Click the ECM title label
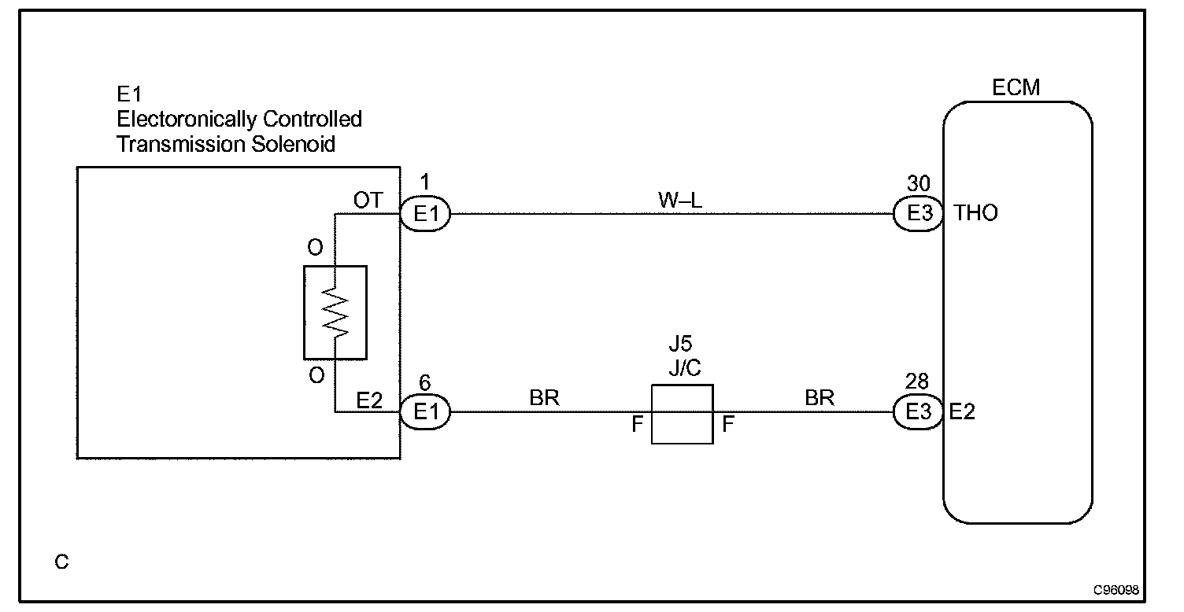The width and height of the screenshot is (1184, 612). tap(1016, 87)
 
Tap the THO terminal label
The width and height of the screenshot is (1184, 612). tap(975, 213)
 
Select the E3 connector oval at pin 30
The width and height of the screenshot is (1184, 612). tap(918, 213)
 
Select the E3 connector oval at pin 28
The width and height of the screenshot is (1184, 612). tap(918, 412)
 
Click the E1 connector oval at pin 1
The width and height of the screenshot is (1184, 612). tap(425, 214)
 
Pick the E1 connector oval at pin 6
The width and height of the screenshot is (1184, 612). tap(425, 412)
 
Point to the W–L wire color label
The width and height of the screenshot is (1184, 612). tap(679, 200)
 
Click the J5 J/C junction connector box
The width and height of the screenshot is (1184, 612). tap(682, 414)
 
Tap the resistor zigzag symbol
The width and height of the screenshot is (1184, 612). tap(335, 312)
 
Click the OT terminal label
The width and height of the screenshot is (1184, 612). tap(368, 200)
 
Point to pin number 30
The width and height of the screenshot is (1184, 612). tap(918, 183)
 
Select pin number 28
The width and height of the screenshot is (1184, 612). tap(916, 381)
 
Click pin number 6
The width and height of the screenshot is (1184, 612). tap(424, 382)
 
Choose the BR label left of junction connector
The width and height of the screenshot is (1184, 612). tap(544, 397)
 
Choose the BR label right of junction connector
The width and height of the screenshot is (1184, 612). tap(820, 397)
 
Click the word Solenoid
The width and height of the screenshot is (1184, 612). tap(293, 144)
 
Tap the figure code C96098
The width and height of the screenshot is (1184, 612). tap(1116, 590)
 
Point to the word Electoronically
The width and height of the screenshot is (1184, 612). tap(187, 120)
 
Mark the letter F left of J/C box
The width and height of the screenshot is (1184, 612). tap(638, 423)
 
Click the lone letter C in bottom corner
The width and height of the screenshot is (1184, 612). tap(61, 562)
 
